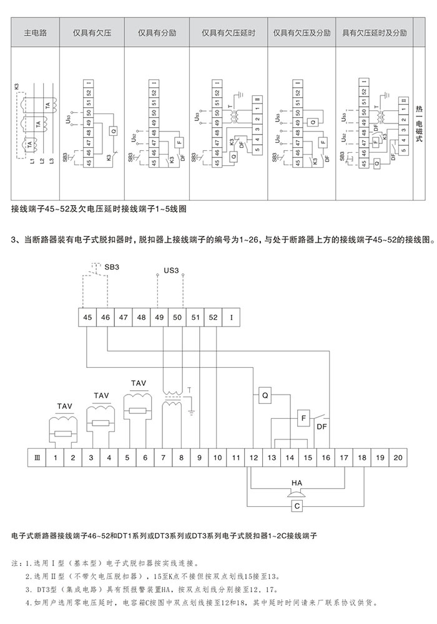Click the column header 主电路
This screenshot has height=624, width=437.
coord(36,32)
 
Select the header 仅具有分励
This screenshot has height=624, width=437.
coord(152,32)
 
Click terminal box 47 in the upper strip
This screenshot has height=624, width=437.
coord(124,317)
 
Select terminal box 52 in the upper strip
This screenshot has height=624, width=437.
coord(214,317)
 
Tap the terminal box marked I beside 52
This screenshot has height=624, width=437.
coord(232,317)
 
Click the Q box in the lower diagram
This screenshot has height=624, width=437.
coord(264,395)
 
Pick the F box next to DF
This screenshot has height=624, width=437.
coord(303,418)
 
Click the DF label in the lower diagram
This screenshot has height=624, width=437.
coord(322,427)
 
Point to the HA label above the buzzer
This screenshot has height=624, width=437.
coord(297,482)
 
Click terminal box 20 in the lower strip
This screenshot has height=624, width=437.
coord(397,458)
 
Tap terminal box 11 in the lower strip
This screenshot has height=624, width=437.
coord(235,458)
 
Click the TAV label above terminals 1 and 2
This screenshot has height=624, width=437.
coord(65,406)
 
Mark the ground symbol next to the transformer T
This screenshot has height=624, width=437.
coord(193,413)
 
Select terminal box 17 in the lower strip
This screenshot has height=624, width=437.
coord(343,458)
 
